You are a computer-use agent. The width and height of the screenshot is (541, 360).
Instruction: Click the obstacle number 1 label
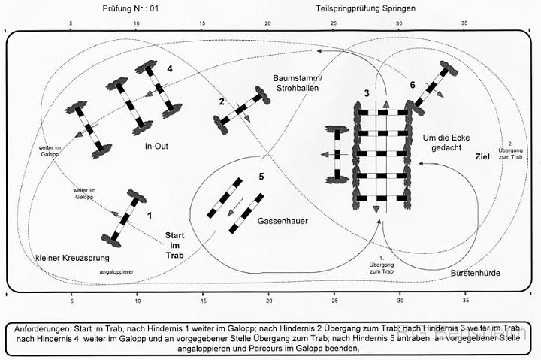[x=150, y=215]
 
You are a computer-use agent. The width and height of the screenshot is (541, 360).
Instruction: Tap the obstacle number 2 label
[x=222, y=101]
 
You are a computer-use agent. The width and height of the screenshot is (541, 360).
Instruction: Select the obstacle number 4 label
[x=170, y=68]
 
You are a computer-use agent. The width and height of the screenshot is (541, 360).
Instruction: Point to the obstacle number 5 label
[x=261, y=177]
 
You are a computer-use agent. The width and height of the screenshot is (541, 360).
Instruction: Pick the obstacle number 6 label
[x=412, y=86]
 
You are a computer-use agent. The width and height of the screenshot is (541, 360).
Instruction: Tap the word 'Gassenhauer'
[x=283, y=222]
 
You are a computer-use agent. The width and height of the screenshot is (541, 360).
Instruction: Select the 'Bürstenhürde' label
[x=475, y=272]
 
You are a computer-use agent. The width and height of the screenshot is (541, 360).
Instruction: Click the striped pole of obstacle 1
[x=123, y=218]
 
